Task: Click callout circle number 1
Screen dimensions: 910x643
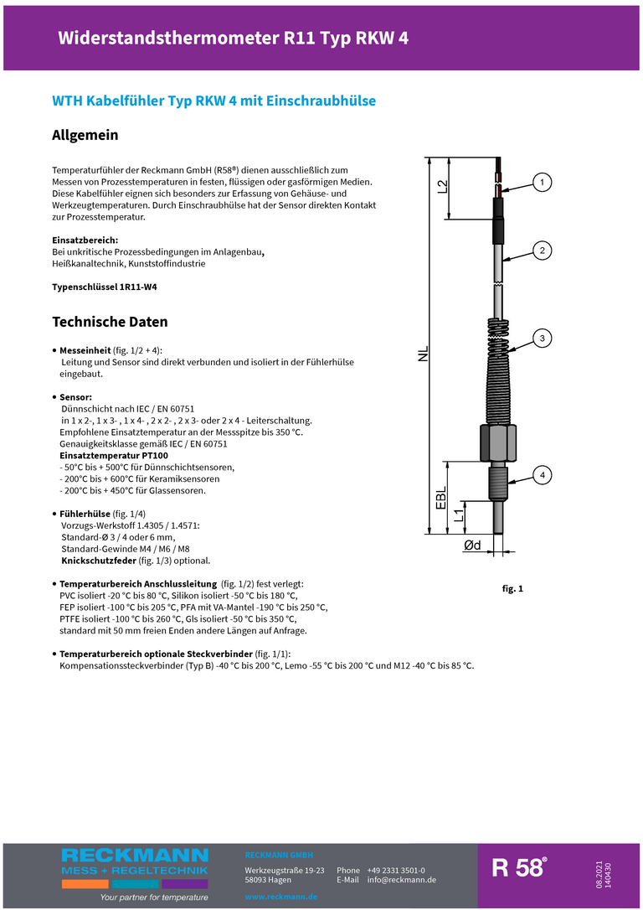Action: [542, 182]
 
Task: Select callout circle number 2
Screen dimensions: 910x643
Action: [542, 250]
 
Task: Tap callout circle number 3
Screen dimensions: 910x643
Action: [542, 339]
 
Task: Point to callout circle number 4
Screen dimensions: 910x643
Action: [542, 476]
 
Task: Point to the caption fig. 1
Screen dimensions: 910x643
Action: [512, 589]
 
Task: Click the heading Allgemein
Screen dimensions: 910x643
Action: [85, 135]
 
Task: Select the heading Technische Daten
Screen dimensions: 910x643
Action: [110, 322]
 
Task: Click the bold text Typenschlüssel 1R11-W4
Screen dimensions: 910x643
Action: [105, 287]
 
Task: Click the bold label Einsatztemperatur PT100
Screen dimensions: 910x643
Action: [113, 455]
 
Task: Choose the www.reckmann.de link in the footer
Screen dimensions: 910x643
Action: [280, 897]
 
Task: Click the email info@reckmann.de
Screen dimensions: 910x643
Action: [401, 880]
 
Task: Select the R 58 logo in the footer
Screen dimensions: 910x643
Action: [519, 868]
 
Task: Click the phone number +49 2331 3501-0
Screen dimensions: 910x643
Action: [396, 871]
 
